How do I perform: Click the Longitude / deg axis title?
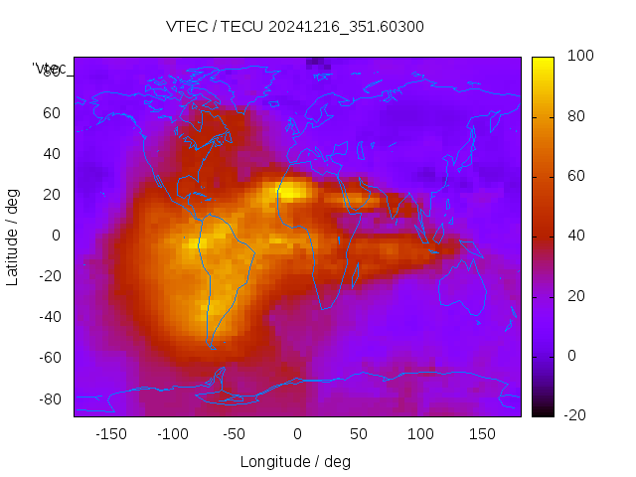(295, 462)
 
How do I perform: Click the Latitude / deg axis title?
(13, 236)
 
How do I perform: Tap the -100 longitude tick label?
(172, 434)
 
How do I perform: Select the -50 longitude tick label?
(234, 434)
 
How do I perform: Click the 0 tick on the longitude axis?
(297, 434)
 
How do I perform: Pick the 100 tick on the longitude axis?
(420, 434)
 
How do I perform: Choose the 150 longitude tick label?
(482, 434)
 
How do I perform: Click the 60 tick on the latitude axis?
(52, 113)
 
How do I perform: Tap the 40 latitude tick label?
(52, 154)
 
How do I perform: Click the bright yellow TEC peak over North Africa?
(293, 191)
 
